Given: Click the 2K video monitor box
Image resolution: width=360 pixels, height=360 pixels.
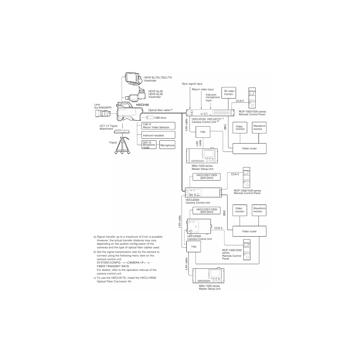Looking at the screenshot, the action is click(x=229, y=93).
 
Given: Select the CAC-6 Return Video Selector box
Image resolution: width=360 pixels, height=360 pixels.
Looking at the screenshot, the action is click(x=158, y=126).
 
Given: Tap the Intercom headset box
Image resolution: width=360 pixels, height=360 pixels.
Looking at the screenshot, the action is click(x=158, y=135).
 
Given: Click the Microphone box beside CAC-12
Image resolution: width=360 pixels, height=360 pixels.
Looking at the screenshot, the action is click(x=167, y=145).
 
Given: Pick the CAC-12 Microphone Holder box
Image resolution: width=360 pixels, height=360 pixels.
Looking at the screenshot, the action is click(x=149, y=145).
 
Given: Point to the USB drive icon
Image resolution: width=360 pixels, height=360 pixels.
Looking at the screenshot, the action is click(x=150, y=118).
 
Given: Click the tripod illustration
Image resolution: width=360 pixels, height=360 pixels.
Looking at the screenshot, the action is click(x=122, y=145).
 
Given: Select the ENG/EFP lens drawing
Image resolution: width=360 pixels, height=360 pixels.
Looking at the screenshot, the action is click(x=103, y=113).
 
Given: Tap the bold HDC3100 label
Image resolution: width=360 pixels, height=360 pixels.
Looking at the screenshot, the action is click(x=143, y=105).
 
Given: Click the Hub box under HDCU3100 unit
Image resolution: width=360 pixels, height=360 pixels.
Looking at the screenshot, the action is click(x=203, y=132).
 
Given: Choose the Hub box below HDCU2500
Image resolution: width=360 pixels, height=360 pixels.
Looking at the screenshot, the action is click(x=193, y=247).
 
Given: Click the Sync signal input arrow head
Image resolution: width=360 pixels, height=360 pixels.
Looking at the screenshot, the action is click(x=190, y=108).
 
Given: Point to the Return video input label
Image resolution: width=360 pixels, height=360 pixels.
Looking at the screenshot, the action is click(x=203, y=89).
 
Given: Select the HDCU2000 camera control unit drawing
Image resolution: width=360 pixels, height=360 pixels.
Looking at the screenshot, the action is click(x=203, y=192).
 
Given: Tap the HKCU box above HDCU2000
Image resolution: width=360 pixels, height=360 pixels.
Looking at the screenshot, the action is click(x=206, y=177).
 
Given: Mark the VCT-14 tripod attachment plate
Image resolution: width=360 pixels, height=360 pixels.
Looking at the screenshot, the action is click(x=122, y=132).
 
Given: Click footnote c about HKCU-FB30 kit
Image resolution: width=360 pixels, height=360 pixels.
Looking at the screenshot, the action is click(x=125, y=280).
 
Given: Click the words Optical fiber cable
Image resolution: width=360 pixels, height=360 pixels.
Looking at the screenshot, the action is click(x=159, y=110).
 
